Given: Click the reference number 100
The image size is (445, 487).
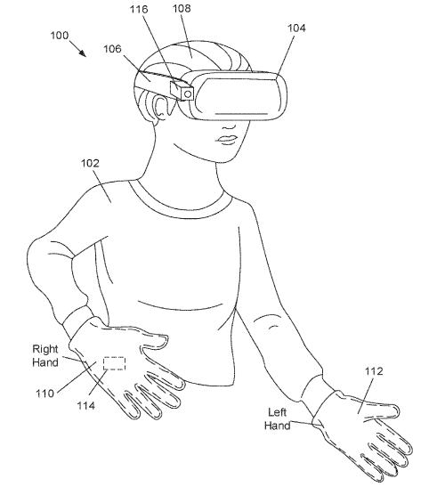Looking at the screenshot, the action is [x=60, y=36].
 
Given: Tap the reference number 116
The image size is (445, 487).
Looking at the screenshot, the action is [x=139, y=9].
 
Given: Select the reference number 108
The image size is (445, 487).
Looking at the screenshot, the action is [x=182, y=8].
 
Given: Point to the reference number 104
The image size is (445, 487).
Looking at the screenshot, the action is [x=296, y=28].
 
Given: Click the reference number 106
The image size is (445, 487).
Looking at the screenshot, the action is [x=112, y=49].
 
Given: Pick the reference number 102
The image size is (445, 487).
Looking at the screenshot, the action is [x=90, y=163].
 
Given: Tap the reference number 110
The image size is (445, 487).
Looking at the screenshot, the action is [x=44, y=394].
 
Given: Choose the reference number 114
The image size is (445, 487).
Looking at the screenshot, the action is [x=86, y=405].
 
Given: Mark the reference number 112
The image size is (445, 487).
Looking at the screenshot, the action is [x=374, y=371].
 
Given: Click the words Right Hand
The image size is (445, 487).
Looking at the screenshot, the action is [x=45, y=355].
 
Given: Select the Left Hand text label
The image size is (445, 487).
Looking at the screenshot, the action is [x=278, y=418].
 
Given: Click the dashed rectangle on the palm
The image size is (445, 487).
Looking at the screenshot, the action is [x=114, y=363].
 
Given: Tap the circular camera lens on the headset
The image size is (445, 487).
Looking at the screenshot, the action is [x=188, y=93].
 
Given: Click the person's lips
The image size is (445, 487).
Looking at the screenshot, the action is [x=227, y=140].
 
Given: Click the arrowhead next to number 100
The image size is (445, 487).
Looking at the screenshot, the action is [x=82, y=53].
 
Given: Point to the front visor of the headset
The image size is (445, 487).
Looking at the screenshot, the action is [x=240, y=95].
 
